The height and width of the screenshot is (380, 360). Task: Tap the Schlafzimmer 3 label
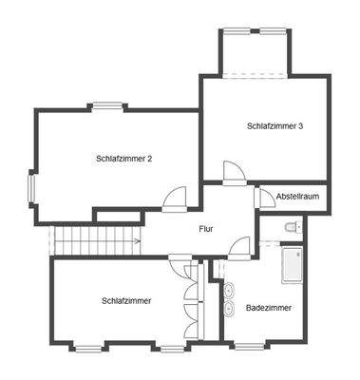[x=275, y=125]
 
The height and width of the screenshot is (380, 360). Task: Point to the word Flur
[x=205, y=229]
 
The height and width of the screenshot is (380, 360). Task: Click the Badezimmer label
[x=269, y=309]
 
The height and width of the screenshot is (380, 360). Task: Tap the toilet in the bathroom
[x=291, y=226]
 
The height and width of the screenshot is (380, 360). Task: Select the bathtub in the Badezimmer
[x=291, y=266]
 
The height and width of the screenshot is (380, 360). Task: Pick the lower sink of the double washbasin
[x=230, y=309]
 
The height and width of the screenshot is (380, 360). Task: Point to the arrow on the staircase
[x=136, y=241]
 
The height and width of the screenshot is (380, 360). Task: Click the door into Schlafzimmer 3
[x=234, y=173]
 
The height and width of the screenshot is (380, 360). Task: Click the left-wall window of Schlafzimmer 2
[x=31, y=186]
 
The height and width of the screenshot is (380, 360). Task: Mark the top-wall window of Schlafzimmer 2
[x=108, y=106]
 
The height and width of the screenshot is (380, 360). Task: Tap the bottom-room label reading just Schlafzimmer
[x=126, y=301]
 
